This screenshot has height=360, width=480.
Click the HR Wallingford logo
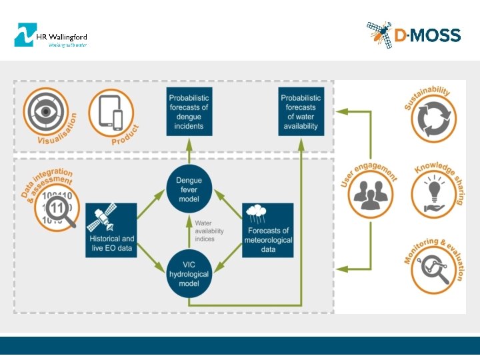pyautogui.click(x=51, y=35)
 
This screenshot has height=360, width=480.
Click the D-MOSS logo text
pyautogui.click(x=427, y=35)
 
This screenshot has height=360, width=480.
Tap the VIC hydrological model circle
pyautogui.click(x=189, y=274)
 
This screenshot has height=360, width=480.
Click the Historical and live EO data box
pyautogui.click(x=112, y=230)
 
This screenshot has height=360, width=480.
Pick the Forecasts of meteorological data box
pyautogui.click(x=268, y=230)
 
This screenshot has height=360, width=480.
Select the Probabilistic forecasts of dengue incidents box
pyautogui.click(x=189, y=111)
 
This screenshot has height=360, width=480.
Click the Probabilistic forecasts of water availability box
pyautogui.click(x=300, y=111)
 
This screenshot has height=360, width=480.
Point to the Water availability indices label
pyautogui.click(x=209, y=231)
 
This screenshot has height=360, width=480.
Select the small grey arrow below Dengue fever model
pyautogui.click(x=189, y=230)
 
